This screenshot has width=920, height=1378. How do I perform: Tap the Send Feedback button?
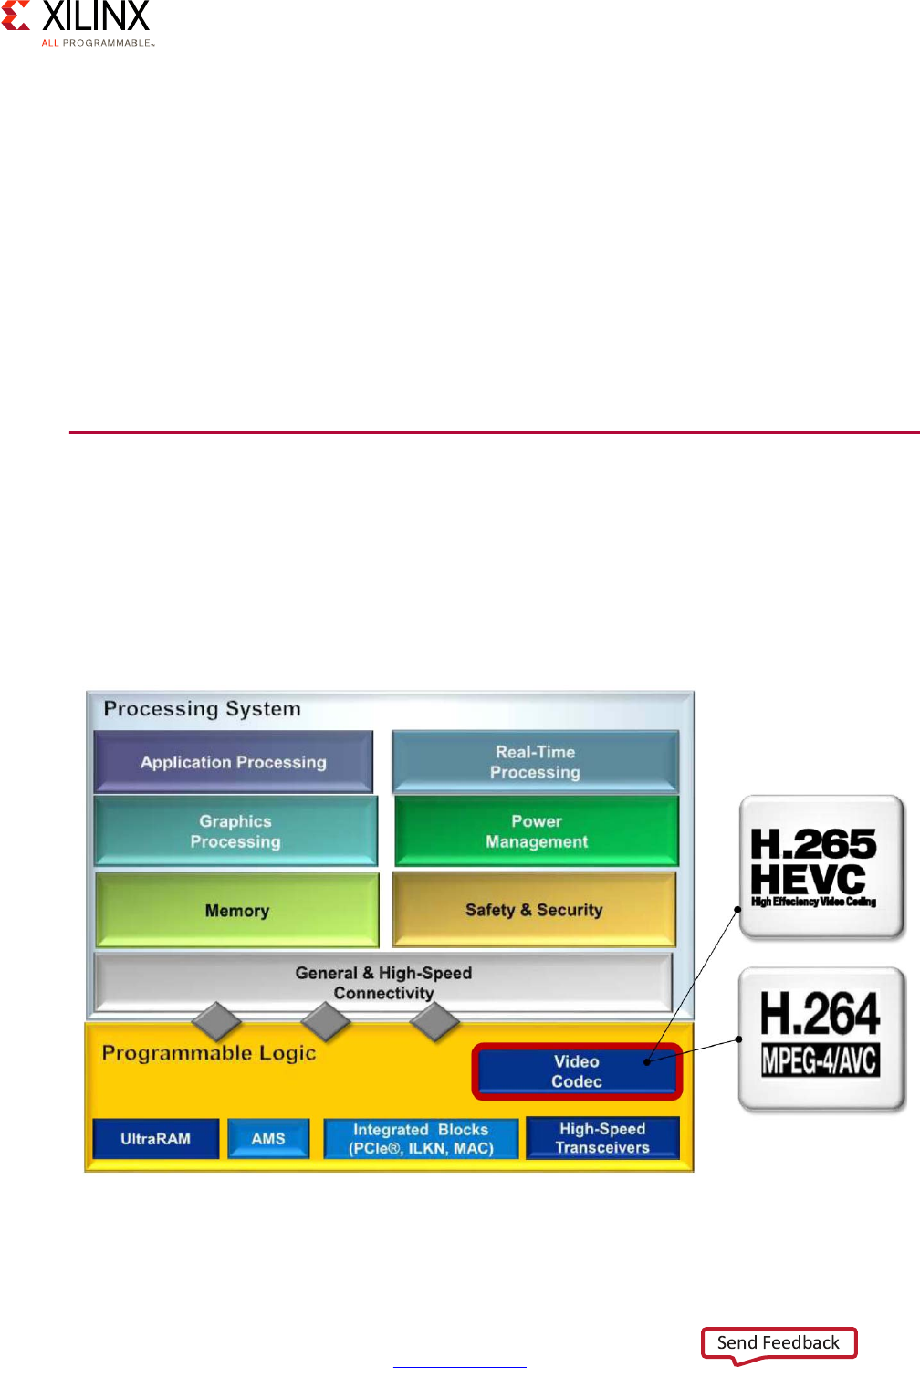tap(779, 1342)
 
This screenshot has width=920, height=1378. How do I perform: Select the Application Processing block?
tap(234, 762)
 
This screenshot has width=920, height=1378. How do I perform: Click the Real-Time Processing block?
tap(535, 762)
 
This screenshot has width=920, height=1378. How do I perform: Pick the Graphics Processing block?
tap(235, 831)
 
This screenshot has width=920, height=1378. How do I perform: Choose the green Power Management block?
tap(537, 831)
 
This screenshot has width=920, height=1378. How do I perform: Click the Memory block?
tap(237, 911)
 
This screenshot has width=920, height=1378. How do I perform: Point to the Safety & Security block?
tap(534, 910)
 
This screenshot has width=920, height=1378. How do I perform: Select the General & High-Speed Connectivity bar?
tap(383, 982)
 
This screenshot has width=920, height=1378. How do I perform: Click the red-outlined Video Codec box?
tap(577, 1071)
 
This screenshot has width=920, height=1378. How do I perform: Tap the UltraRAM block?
tap(156, 1139)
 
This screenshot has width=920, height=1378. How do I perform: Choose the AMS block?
tap(268, 1139)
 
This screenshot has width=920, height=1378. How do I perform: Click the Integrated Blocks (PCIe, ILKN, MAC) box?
tap(421, 1139)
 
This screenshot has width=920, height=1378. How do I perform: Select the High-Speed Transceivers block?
tap(602, 1138)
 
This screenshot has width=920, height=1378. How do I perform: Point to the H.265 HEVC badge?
tap(821, 867)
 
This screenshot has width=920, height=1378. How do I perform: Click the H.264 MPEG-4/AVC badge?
tap(821, 1039)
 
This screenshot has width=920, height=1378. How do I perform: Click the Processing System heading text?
tap(202, 709)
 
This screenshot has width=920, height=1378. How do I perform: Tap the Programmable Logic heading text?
tap(209, 1053)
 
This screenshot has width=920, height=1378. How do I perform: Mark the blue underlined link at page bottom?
tap(460, 1366)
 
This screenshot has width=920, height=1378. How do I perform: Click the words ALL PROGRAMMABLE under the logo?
tap(97, 43)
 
